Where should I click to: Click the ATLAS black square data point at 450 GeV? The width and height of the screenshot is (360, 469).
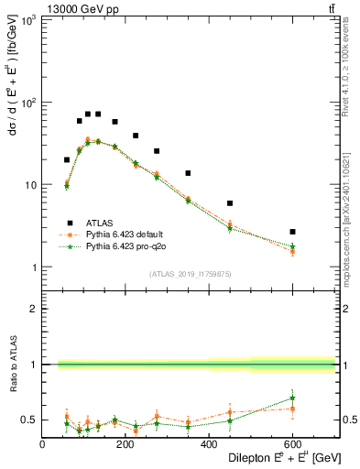(230, 203)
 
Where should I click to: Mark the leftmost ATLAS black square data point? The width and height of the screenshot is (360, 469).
(67, 160)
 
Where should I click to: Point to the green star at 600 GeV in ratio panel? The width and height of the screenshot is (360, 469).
(292, 398)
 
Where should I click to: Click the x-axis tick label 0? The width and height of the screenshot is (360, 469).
(43, 445)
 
